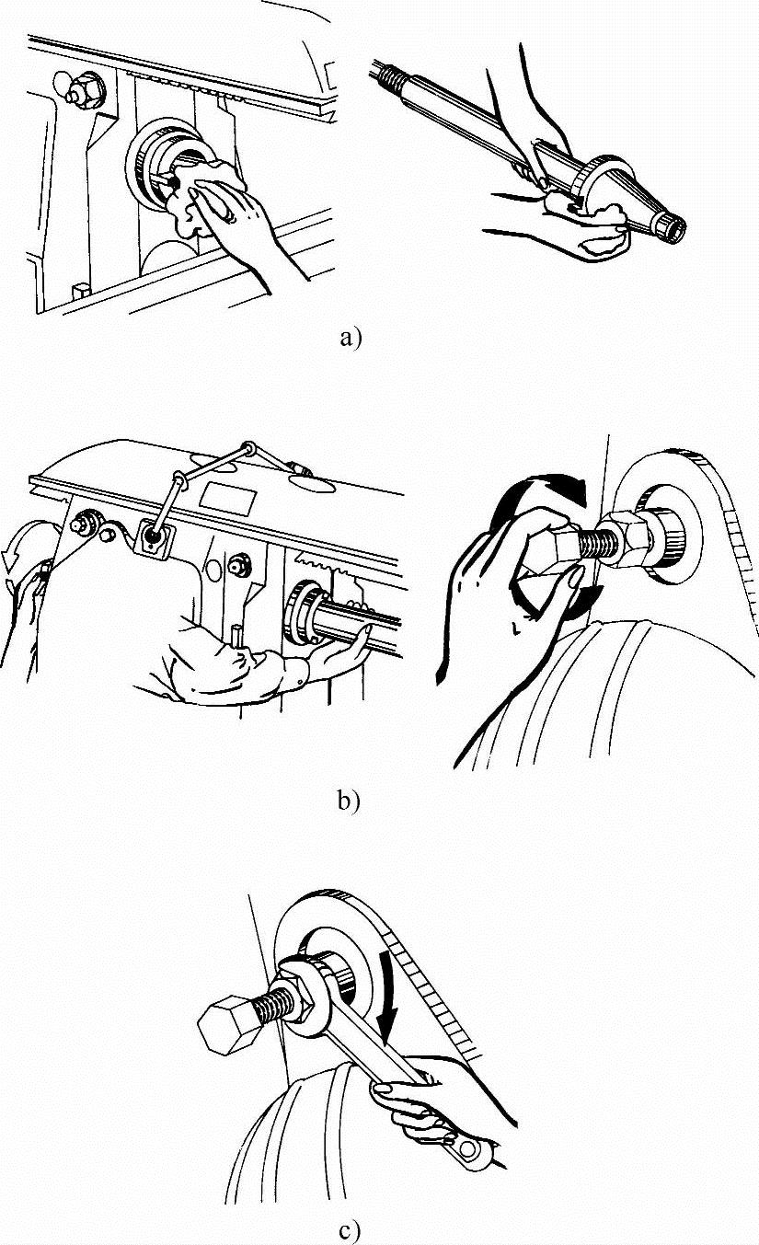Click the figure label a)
[351, 339]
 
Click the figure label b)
[346, 801]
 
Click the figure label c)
[348, 1230]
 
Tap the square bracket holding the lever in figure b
[151, 536]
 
